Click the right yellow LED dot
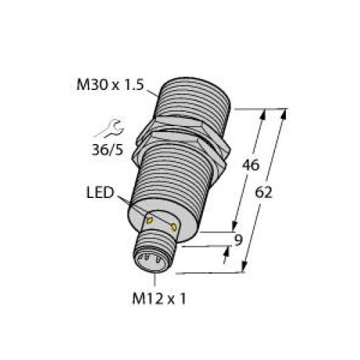pos(174,227)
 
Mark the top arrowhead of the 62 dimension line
pos(286,112)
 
